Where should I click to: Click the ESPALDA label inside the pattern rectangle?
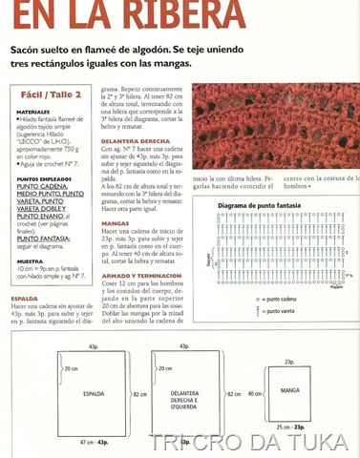tap(92, 392)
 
